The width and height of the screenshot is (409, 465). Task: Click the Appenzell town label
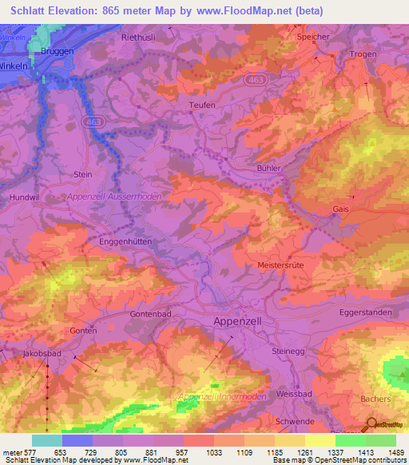click(x=244, y=320)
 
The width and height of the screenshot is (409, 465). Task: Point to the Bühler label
click(x=271, y=169)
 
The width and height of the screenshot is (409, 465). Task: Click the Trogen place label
click(x=363, y=54)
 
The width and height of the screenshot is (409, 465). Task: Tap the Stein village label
click(x=83, y=174)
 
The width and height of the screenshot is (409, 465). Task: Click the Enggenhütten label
click(x=125, y=240)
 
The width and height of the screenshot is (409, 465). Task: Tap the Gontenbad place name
click(x=150, y=315)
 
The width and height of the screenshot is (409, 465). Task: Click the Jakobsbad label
click(x=42, y=352)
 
